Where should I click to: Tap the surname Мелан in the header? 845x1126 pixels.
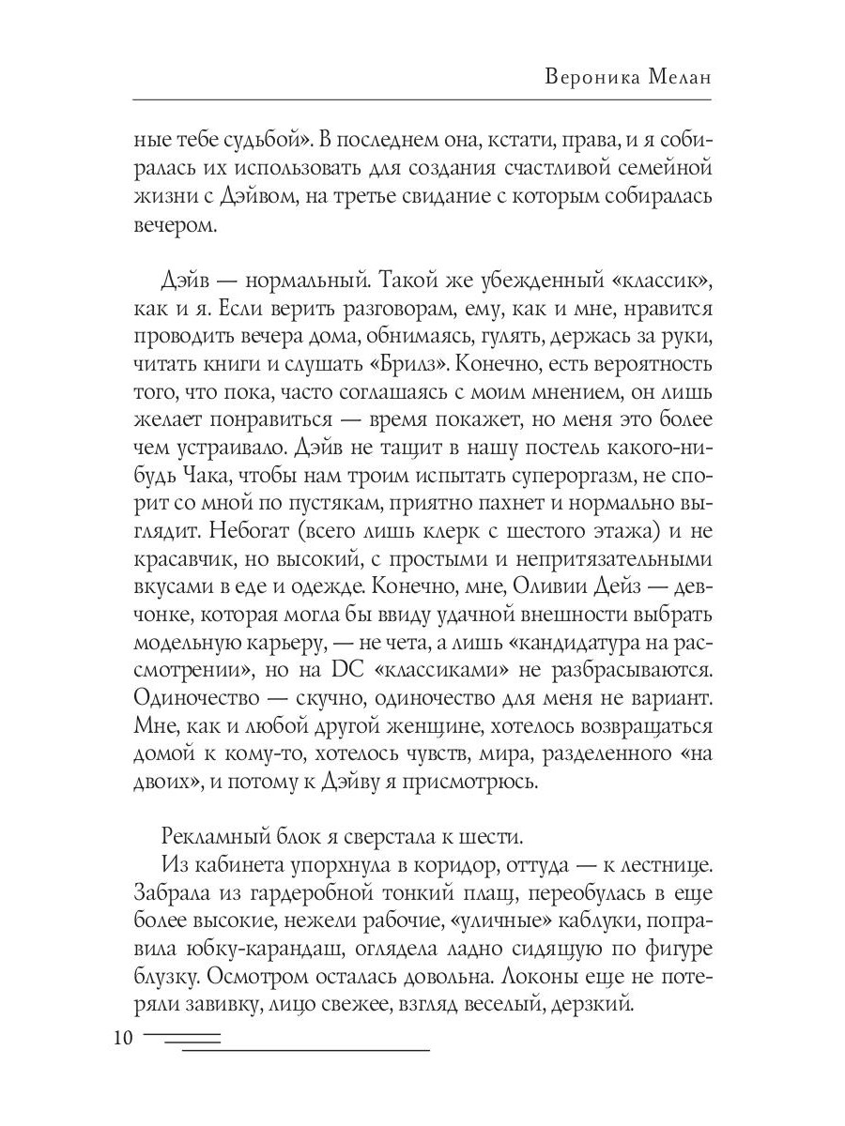point(679,77)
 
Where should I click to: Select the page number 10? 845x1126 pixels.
point(122,1039)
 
